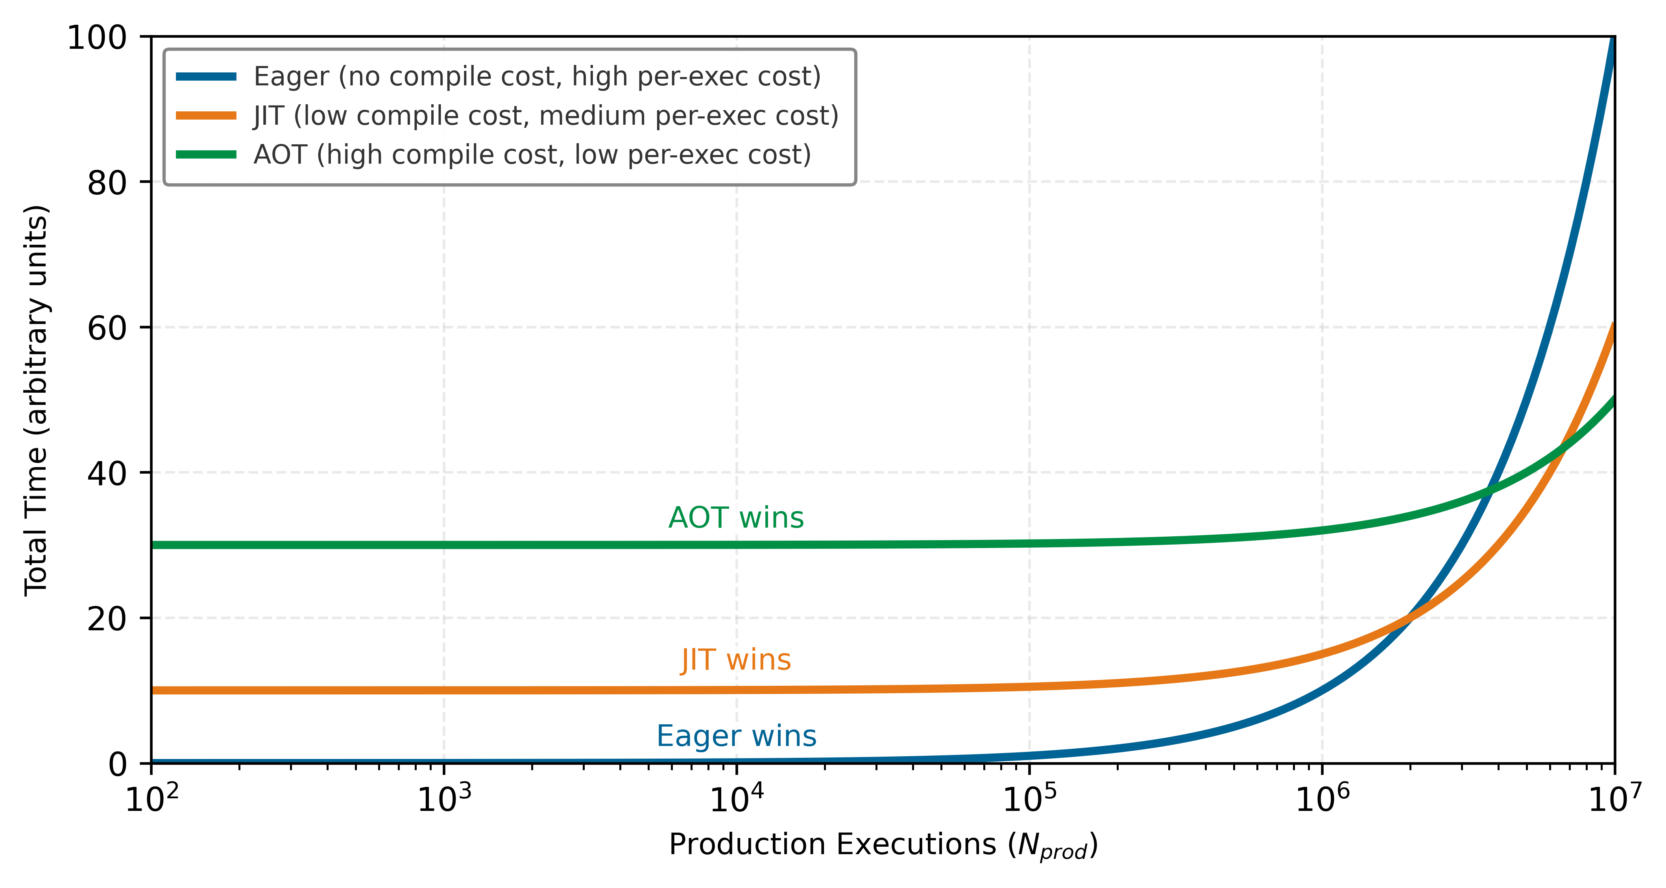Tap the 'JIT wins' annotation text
pos(736,660)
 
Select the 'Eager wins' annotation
pos(736,736)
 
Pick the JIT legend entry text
pos(546,116)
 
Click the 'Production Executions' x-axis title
pos(883,846)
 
